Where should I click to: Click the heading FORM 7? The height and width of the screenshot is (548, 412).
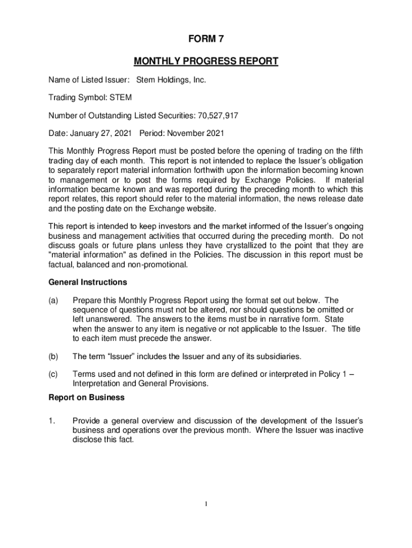(206, 39)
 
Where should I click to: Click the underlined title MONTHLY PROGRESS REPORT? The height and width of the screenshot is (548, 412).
(206, 62)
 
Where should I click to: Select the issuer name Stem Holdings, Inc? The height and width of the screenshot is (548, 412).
(171, 80)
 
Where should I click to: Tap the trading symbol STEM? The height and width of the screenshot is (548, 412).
(120, 97)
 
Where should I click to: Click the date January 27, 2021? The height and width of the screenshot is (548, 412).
(100, 133)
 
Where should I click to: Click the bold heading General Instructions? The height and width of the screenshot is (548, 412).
(88, 282)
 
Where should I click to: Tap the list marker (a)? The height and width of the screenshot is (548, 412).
(54, 300)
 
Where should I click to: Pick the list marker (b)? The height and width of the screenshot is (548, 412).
(54, 356)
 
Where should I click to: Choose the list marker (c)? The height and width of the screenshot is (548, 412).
(54, 375)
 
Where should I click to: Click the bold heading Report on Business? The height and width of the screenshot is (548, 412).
(87, 398)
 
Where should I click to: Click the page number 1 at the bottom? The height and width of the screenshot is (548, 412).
(206, 504)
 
